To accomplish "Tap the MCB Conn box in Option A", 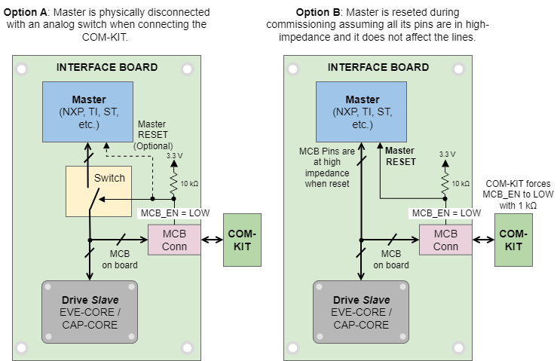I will pyautogui.click(x=174, y=240).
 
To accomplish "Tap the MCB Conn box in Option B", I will pyautogui.click(x=445, y=240).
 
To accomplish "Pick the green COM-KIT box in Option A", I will pyautogui.click(x=242, y=240).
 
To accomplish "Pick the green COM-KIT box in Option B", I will pyautogui.click(x=513, y=240).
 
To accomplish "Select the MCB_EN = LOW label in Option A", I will pyautogui.click(x=175, y=213).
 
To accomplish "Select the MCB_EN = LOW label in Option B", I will pyautogui.click(x=446, y=213).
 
